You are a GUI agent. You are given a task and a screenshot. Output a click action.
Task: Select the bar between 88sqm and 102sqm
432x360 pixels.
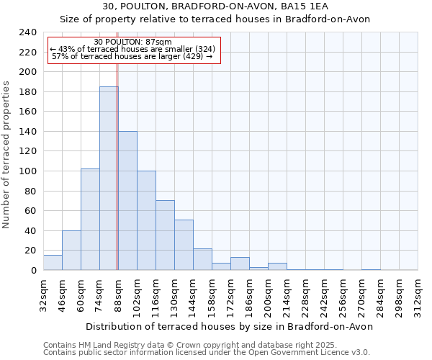pos(127,201)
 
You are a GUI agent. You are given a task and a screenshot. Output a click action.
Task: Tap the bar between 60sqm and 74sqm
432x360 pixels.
pos(90,220)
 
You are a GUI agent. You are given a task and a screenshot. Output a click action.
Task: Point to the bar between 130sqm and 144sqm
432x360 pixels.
pos(184,245)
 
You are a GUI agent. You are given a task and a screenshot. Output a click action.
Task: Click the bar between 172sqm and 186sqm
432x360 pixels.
pos(240,264)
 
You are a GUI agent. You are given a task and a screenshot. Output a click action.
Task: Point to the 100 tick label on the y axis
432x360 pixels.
pos(27,171)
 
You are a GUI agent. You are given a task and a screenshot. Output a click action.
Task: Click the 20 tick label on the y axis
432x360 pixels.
pos(30,251)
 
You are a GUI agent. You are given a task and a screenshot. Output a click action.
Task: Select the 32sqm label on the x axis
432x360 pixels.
pos(43,294)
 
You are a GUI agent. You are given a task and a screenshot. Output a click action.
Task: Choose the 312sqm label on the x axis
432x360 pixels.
pos(418,294)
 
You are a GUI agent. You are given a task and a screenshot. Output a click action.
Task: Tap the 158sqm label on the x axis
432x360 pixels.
pos(212,294)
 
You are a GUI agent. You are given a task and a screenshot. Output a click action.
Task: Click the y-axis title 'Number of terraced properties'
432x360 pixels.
pos(7,155)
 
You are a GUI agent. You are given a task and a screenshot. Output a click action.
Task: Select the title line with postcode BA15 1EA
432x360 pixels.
pos(215,6)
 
